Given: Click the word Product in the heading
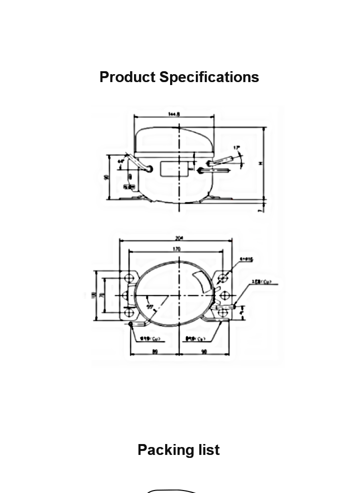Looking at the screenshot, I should click(x=127, y=77).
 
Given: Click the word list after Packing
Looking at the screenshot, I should click(x=206, y=450).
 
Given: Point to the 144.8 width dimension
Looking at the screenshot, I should click(x=174, y=114).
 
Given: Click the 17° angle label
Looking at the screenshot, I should click(x=237, y=147).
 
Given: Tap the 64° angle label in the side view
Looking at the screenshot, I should click(x=121, y=161).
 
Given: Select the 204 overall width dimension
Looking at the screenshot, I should click(x=179, y=238).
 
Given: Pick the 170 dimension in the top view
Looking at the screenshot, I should click(x=177, y=249).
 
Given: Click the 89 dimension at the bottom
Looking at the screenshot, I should click(x=155, y=352).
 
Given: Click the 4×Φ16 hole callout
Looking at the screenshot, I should click(x=246, y=259).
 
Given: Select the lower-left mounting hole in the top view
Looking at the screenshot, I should click(x=129, y=313).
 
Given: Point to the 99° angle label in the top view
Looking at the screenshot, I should click(x=149, y=307).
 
